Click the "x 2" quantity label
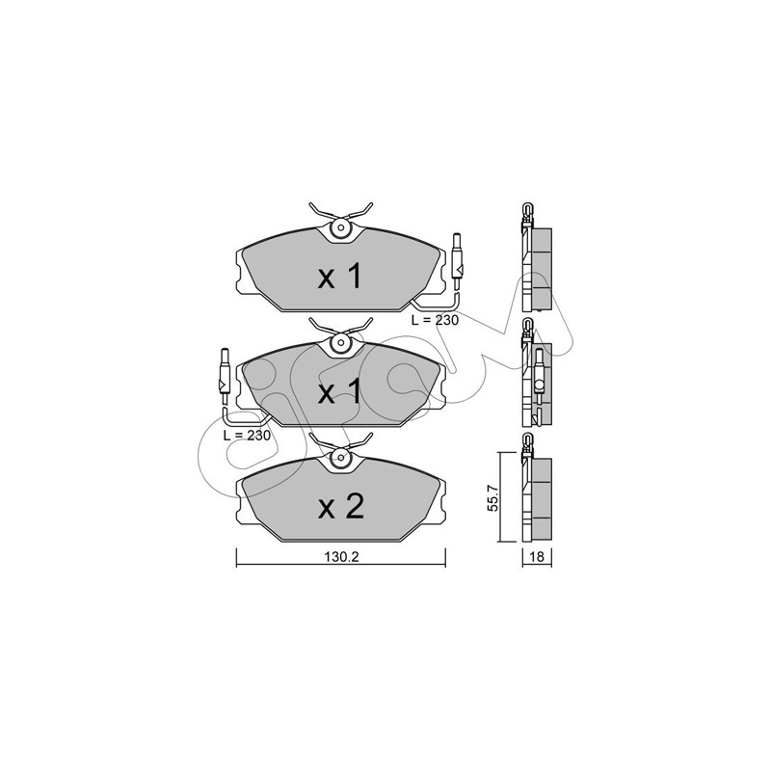point(341,507)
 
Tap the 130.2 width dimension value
point(342,557)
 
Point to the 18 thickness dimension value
point(538,557)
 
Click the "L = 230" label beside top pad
point(435,320)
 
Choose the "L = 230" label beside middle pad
point(247,436)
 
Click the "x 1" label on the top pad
point(340,277)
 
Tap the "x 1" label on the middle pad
point(340,392)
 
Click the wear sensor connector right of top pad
point(457,261)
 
